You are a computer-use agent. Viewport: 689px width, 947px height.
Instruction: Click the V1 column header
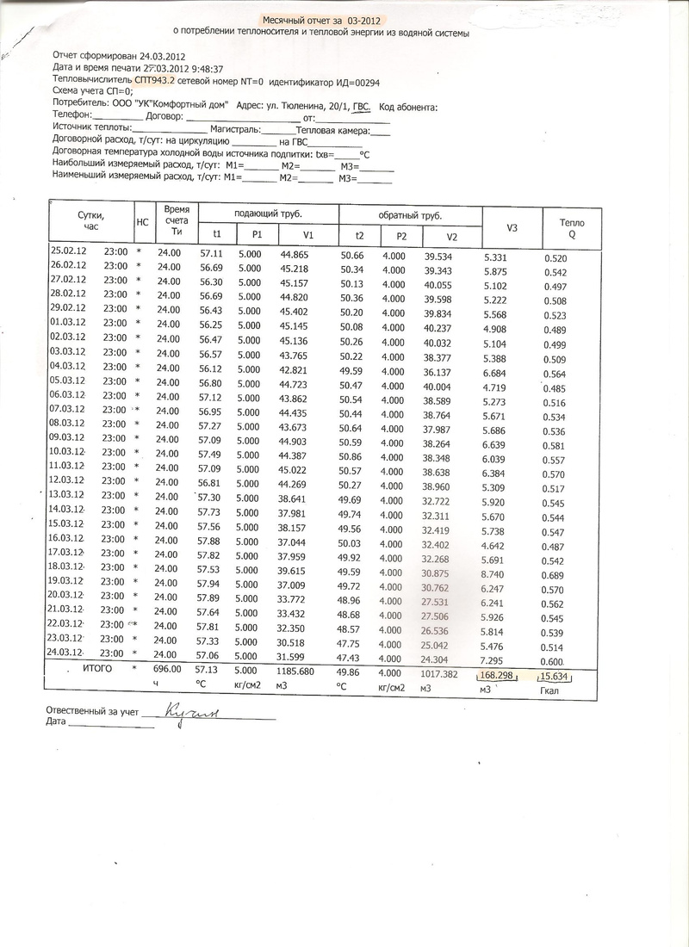point(308,235)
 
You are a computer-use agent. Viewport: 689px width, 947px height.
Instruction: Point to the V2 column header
point(451,237)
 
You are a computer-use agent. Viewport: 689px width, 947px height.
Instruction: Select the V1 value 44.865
point(295,255)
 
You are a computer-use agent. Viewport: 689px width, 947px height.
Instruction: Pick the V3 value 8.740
point(500,573)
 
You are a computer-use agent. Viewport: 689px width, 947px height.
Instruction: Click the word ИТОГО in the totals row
point(97,668)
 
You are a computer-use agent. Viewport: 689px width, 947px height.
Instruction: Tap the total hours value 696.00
point(168,668)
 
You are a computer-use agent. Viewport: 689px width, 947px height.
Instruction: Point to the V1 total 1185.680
point(301,671)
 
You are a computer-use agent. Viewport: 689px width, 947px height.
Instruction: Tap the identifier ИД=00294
point(351,83)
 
